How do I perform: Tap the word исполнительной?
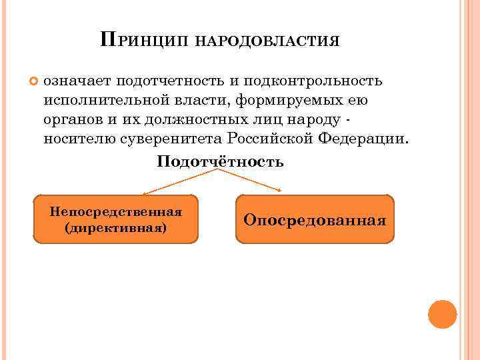coord(97,101)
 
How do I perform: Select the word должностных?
coord(202,120)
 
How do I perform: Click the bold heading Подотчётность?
coord(221,161)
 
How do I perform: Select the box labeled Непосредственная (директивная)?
coord(116,219)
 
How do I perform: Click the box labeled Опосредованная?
coord(315,219)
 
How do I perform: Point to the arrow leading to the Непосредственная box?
coord(180,182)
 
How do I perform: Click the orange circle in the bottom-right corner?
coord(442,313)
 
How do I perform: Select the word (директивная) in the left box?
coord(116,227)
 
